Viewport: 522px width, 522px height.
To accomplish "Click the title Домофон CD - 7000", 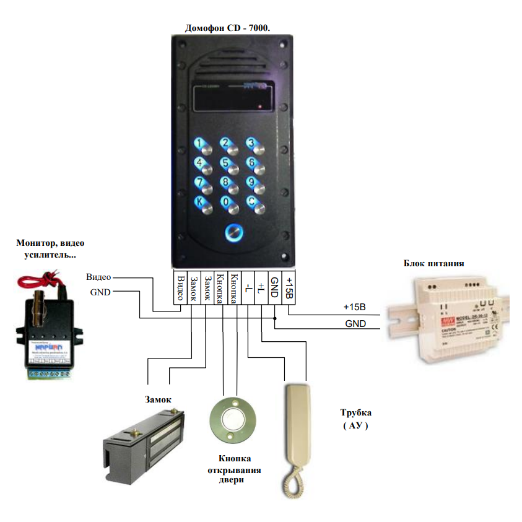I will point(232,27).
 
